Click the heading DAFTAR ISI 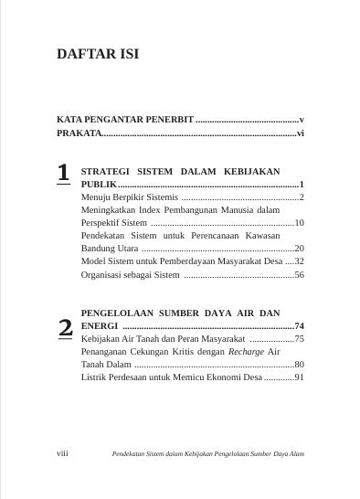tap(98, 54)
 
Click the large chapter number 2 tap(65, 328)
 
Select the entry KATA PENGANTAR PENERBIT tap(125, 120)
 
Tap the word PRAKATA tap(79, 133)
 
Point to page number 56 tap(299, 274)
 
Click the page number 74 tap(299, 325)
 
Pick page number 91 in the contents tap(299, 377)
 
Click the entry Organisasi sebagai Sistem tap(131, 274)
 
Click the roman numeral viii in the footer tap(63, 453)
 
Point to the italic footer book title tap(207, 453)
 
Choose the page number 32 tap(299, 261)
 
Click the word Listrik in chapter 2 tap(94, 377)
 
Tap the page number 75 tap(299, 338)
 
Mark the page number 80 tap(299, 364)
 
